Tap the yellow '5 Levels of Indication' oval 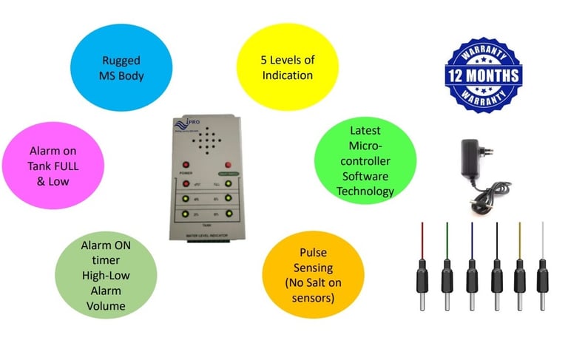coord(287,67)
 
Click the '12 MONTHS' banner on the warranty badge coord(482,76)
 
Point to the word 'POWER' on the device coord(186,173)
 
